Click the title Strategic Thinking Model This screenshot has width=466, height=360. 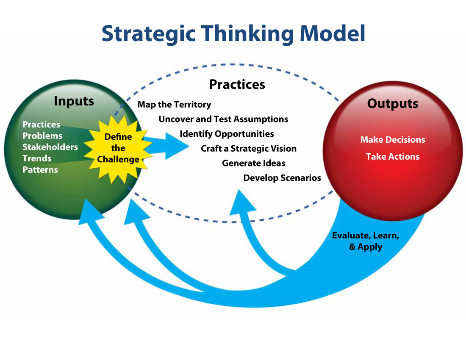233,33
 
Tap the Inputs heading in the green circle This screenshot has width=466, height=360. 74,102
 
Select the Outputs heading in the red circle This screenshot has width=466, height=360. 392,104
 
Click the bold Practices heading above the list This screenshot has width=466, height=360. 237,84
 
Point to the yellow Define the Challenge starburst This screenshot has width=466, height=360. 118,148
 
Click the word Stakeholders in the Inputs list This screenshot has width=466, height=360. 50,147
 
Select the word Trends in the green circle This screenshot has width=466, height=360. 37,158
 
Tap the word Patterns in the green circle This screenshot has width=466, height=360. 40,170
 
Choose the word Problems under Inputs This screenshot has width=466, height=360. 42,136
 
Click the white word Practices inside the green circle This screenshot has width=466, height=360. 41,125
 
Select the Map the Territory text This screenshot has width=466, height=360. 174,104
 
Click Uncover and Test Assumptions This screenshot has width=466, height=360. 223,119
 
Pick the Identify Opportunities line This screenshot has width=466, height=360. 227,134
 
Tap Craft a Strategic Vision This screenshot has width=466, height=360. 248,149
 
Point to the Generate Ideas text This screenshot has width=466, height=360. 253,163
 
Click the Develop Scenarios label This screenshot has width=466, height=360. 282,178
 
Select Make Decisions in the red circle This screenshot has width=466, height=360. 393,140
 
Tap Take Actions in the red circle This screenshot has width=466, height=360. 392,157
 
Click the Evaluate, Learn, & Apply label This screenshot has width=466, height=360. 365,241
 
